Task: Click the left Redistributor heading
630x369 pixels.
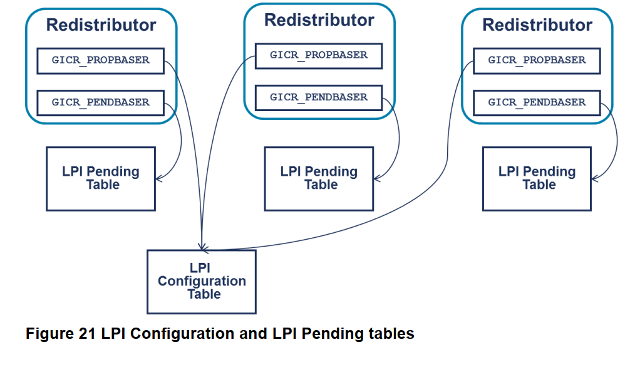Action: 101,25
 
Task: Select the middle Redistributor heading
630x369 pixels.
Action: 319,20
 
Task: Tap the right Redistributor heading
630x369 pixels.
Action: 537,25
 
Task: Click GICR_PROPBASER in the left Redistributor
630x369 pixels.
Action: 100,60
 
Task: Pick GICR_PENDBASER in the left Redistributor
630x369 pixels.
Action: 100,102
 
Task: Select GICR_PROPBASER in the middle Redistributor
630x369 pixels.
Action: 318,55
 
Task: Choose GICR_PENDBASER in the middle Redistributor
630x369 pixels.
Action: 318,97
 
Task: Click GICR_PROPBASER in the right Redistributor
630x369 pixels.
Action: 536,60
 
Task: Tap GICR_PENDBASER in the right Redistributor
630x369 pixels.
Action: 536,102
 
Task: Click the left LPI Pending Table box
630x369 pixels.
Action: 100,178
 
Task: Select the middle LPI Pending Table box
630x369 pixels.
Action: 318,178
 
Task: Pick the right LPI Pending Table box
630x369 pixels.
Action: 536,178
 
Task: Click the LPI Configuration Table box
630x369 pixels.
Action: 201,281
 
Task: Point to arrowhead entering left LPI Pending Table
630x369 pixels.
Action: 158,179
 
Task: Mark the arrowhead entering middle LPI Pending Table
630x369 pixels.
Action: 376,179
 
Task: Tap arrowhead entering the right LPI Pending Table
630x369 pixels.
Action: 594,179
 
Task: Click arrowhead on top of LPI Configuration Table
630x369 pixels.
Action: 202,247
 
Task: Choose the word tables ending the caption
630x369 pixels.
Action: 391,334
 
